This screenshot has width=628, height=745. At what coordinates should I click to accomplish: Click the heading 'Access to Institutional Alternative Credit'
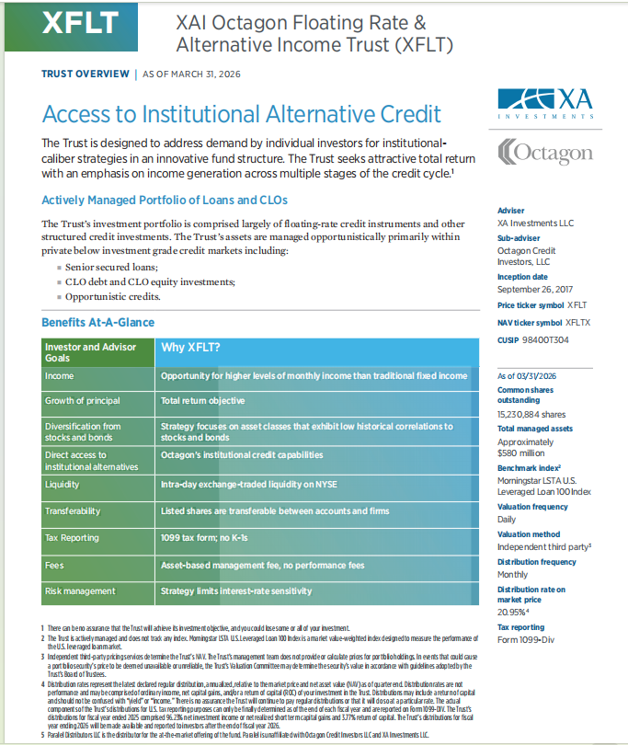[242, 115]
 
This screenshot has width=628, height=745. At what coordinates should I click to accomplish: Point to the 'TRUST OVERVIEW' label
[84, 74]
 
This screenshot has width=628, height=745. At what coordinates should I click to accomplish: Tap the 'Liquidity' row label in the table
[63, 483]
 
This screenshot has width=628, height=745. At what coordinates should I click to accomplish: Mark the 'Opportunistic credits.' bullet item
[113, 296]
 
